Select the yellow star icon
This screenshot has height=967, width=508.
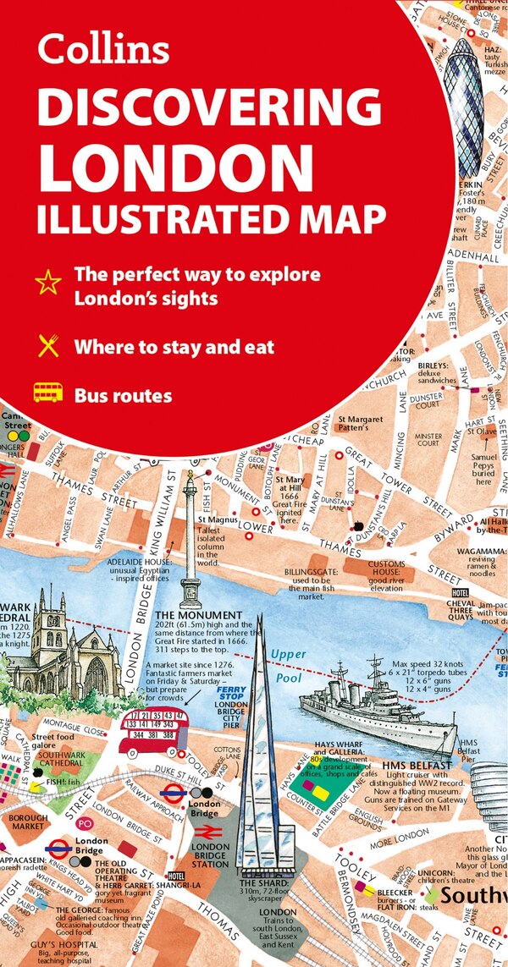50,282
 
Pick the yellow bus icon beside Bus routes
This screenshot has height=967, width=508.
48,393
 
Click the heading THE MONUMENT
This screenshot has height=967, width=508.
188,614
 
